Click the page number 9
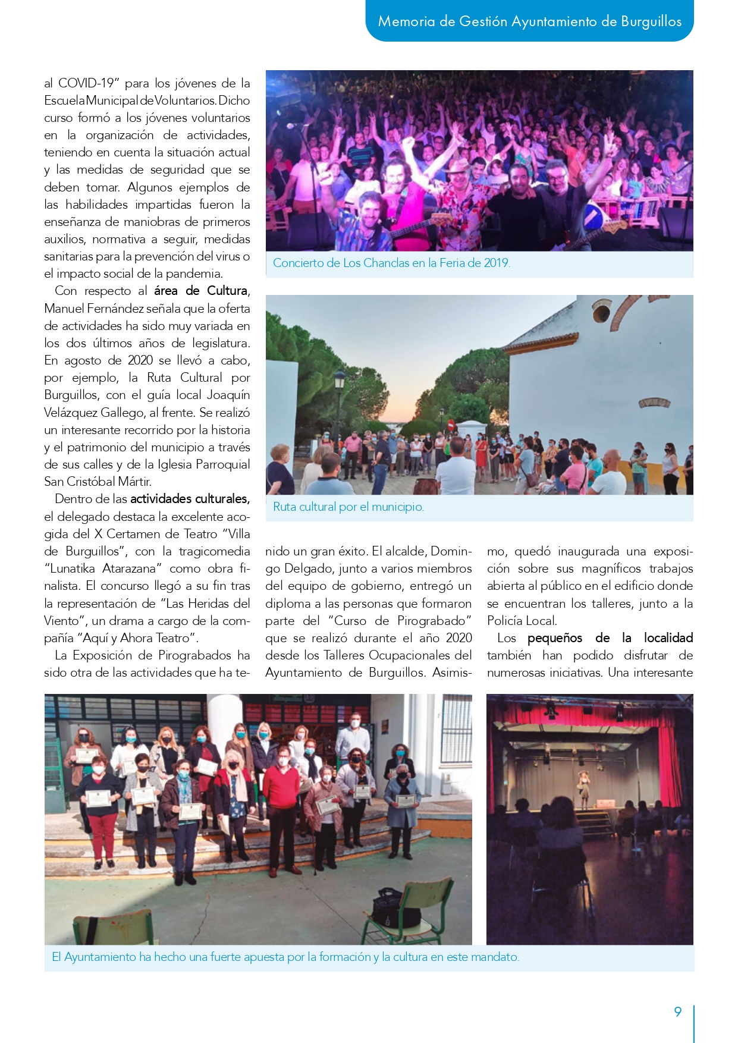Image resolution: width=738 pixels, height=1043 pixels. tap(677, 1011)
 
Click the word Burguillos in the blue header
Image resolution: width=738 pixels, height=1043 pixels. tap(651, 21)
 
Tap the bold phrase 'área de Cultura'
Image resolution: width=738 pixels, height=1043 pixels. tap(200, 291)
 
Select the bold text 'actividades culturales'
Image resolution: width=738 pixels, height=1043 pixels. tap(189, 499)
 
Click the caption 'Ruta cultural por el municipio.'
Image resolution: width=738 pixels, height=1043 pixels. tap(348, 507)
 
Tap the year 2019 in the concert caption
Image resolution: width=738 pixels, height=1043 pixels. tap(496, 263)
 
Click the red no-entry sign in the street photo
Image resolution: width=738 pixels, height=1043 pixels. tap(451, 426)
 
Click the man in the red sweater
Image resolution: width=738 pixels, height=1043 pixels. tap(281, 800)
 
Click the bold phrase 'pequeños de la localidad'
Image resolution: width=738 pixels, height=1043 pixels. tap(610, 638)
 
